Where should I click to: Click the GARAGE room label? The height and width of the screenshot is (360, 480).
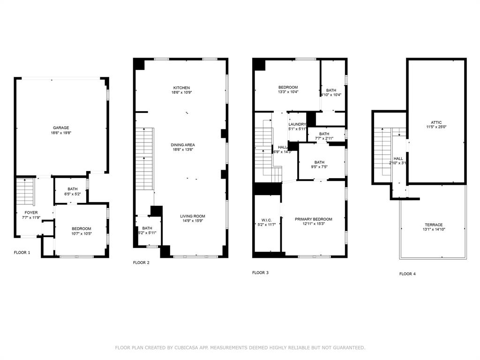[x=61, y=127]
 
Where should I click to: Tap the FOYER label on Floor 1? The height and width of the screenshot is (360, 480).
[x=31, y=212]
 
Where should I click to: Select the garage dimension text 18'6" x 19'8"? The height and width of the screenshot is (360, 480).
[x=61, y=133]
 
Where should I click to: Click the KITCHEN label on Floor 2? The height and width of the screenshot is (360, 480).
[x=181, y=88]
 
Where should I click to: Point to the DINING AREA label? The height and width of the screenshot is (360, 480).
[x=182, y=144]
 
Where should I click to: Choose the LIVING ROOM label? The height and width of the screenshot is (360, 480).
[x=193, y=216]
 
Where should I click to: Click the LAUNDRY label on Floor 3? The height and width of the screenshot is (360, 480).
[x=297, y=124]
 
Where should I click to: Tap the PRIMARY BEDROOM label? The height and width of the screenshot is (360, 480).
[x=313, y=219]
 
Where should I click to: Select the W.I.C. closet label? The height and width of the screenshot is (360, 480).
[x=267, y=220]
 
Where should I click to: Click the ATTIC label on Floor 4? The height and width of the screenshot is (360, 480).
[x=436, y=122]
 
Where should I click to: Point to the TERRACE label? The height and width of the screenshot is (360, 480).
[x=433, y=225]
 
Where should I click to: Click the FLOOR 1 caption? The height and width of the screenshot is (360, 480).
[x=22, y=253]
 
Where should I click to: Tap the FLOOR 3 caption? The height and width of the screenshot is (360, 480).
[x=260, y=272]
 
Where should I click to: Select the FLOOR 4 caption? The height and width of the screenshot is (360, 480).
[x=407, y=274]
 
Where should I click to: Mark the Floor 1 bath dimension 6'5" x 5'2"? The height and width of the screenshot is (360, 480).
[x=72, y=194]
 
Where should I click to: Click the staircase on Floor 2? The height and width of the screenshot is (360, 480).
[x=144, y=159]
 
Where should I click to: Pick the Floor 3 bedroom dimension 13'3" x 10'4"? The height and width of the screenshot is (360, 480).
[x=288, y=92]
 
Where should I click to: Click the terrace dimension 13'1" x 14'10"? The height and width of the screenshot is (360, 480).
[x=433, y=230]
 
